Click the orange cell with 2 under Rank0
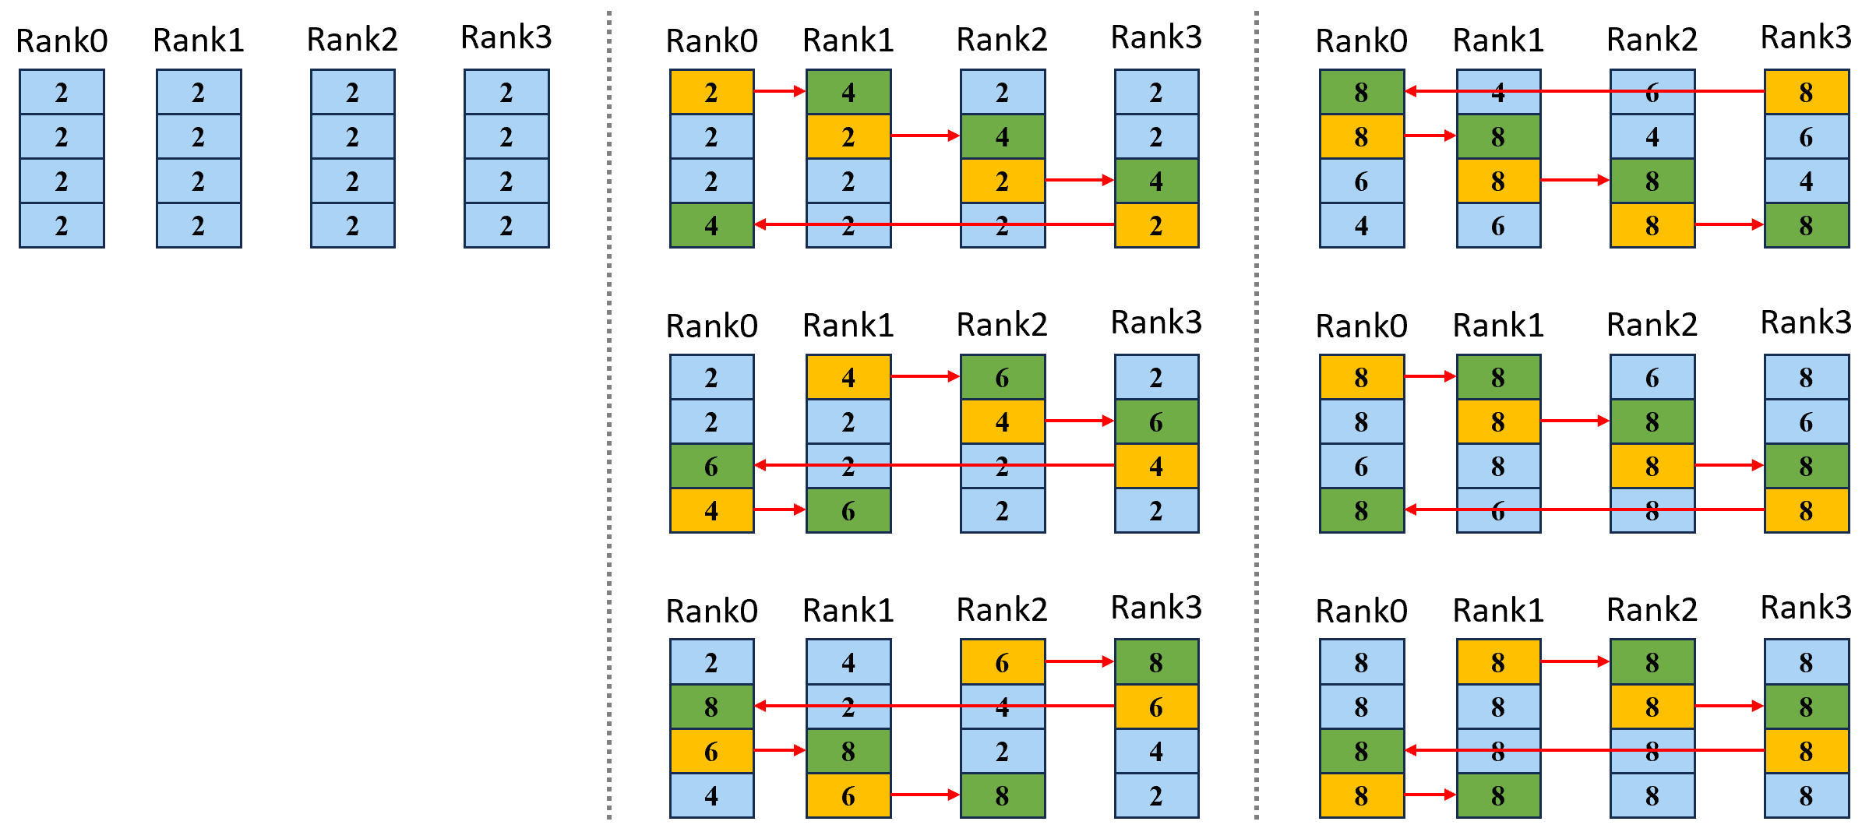[x=711, y=92]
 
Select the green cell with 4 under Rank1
[x=848, y=92]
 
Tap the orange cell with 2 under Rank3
[x=1156, y=225]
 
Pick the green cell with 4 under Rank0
[x=711, y=225]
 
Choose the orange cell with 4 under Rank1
[x=848, y=377]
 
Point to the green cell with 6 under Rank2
[x=1002, y=377]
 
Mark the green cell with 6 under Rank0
[x=711, y=466]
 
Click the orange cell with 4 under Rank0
[x=711, y=510]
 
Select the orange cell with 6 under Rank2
[x=1002, y=662]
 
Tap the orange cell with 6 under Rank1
[x=848, y=795]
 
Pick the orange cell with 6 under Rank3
[x=1156, y=707]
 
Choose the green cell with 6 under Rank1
[x=848, y=510]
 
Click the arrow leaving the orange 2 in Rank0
[x=780, y=91]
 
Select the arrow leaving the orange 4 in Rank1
[x=926, y=376]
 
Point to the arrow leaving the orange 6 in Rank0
[x=780, y=750]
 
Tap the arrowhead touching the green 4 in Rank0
[x=760, y=224]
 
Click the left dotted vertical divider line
[x=609, y=414]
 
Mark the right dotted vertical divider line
[x=1257, y=414]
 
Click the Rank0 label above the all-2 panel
[x=62, y=41]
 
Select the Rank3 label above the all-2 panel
[x=506, y=37]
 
